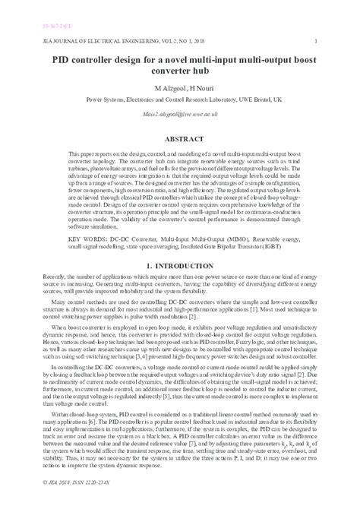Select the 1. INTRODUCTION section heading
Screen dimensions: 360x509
[179, 267]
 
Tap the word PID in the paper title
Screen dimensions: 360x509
[62, 56]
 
